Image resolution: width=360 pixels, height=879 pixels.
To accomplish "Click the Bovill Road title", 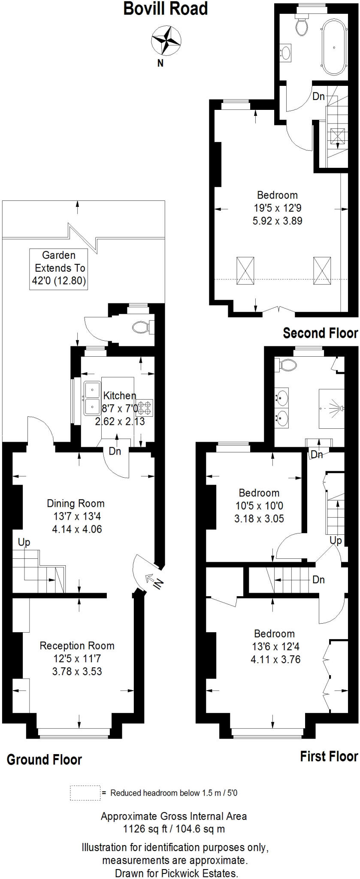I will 165,9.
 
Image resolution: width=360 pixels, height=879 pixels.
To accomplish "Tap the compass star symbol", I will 165,40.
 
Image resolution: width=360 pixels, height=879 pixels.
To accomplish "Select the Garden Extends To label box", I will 59,269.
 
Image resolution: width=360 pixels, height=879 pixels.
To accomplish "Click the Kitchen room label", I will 120,395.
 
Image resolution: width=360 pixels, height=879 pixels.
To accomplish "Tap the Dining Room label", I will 76,503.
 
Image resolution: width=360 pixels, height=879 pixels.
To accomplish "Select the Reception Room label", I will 77,646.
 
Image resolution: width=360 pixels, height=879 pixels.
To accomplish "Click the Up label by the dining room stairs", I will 24,543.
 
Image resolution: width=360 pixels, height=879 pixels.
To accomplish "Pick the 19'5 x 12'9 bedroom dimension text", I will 278,208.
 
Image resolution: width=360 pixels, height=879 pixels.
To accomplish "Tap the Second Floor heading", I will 320,333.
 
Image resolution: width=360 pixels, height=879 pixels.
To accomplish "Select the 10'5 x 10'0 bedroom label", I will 259,506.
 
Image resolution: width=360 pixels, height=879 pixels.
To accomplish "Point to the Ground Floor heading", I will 44,759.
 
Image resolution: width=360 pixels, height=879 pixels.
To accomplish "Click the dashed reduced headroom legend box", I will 85,793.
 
